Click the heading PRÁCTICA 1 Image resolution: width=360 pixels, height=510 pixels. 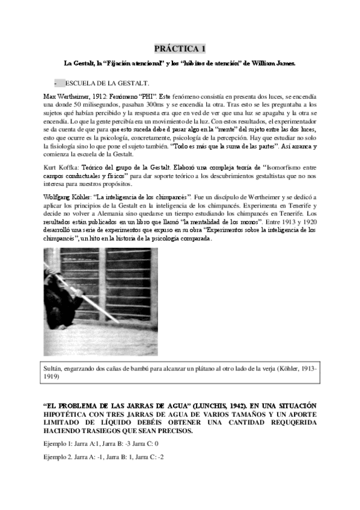click(x=180, y=48)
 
